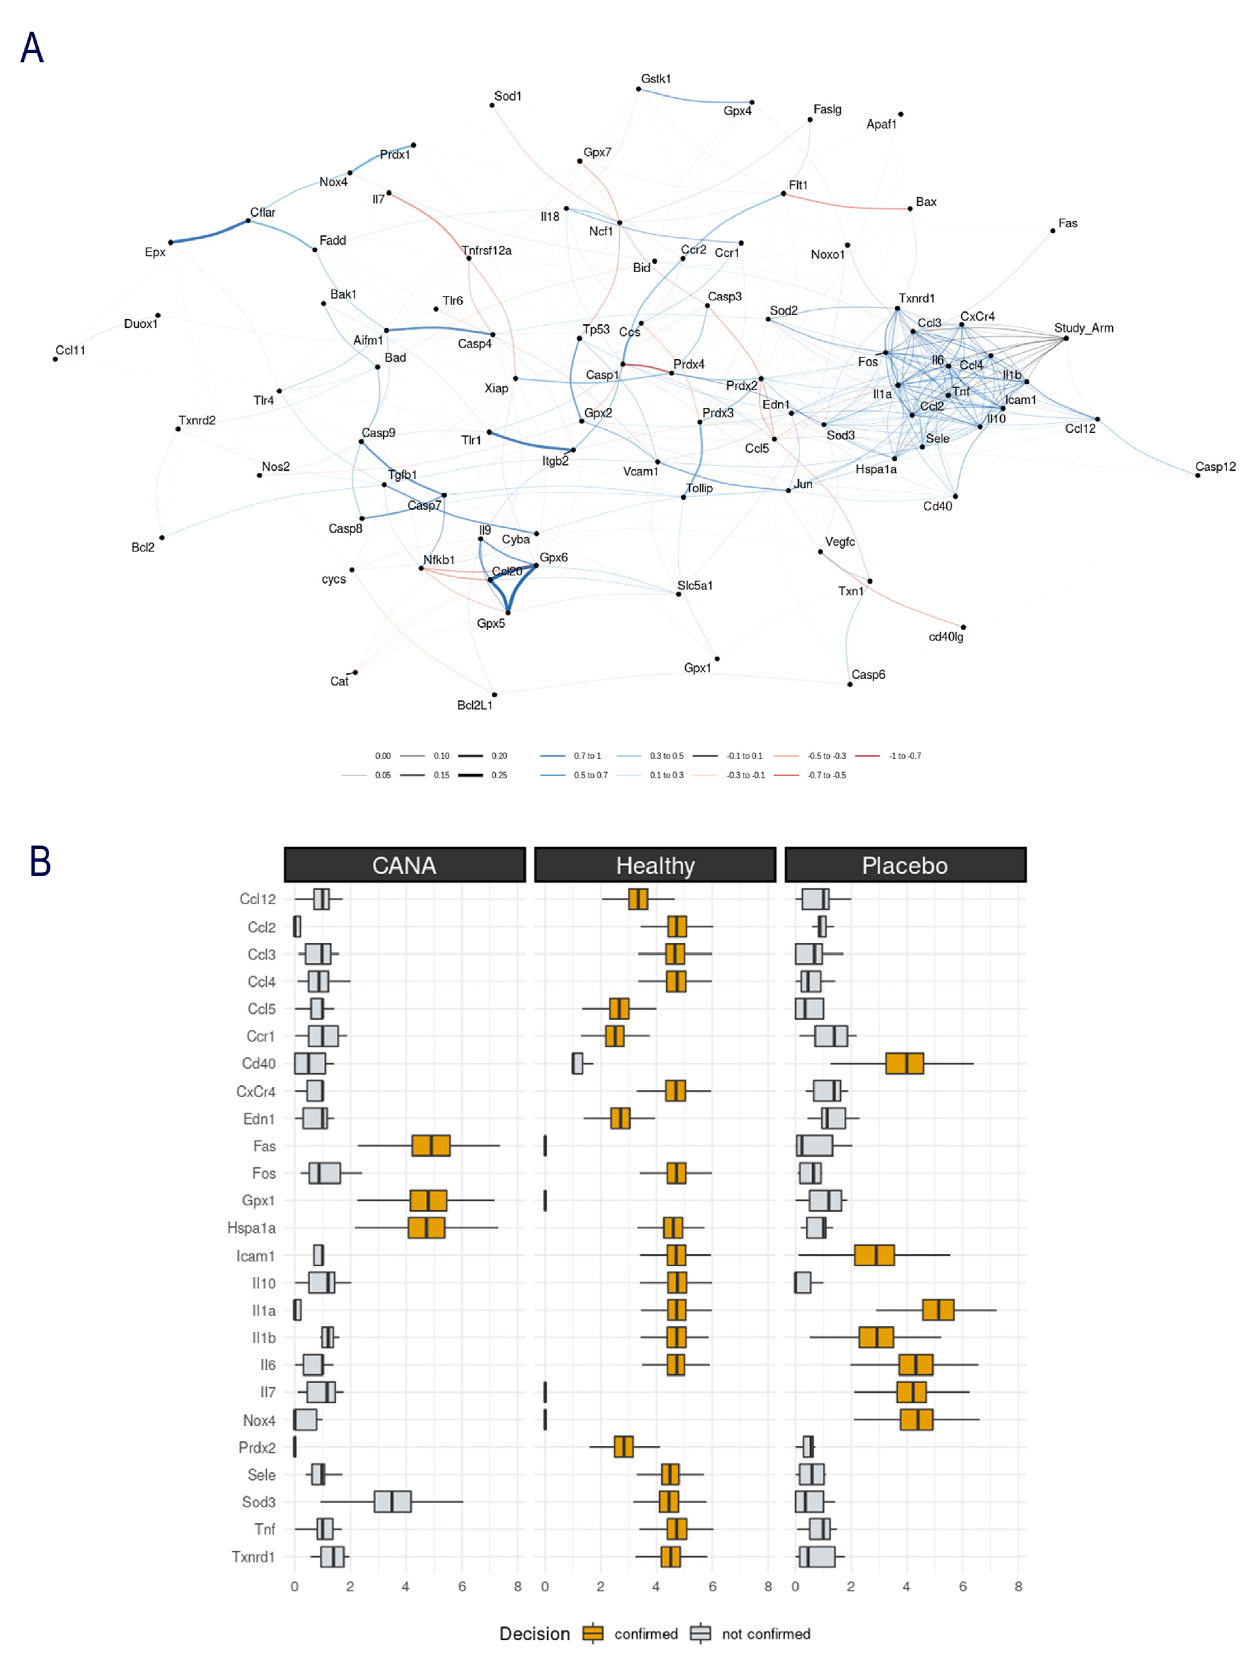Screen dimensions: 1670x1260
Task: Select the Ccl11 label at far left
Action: (x=70, y=350)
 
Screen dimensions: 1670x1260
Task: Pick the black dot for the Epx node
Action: (x=171, y=242)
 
